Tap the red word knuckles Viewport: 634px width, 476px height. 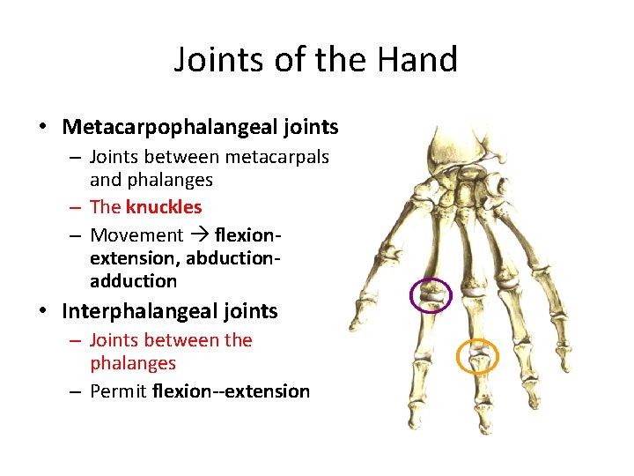pos(164,207)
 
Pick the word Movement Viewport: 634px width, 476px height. pos(136,235)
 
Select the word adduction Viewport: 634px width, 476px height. pos(133,281)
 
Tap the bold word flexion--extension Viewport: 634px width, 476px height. pos(231,391)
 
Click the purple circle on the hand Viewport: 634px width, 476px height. pos(431,295)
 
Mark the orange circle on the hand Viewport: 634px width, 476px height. pos(477,356)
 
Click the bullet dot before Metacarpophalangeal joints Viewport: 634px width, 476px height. pos(42,127)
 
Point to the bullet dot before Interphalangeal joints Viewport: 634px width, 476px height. pos(42,311)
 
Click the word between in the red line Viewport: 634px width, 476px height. pos(189,340)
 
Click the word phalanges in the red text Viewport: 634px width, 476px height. pos(133,363)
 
